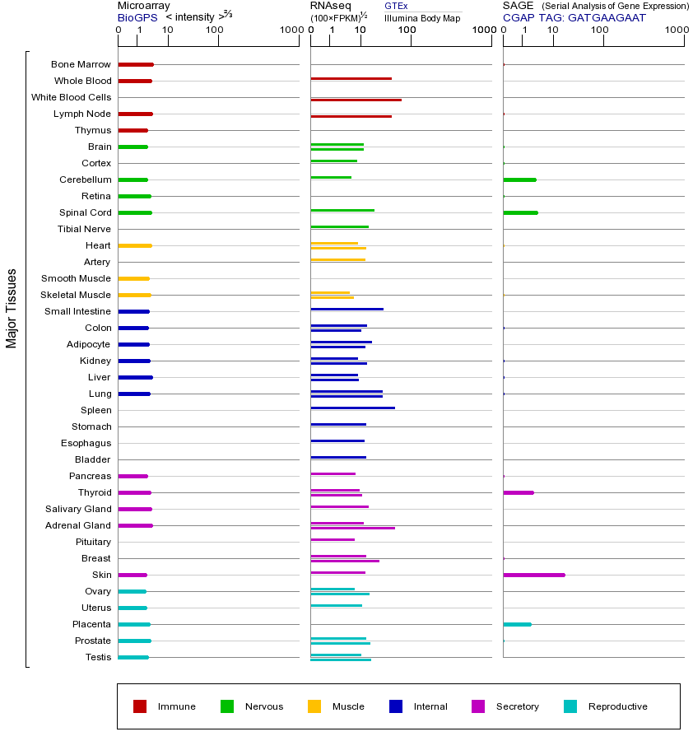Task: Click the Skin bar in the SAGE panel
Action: click(x=534, y=575)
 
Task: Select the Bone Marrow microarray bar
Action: click(x=136, y=64)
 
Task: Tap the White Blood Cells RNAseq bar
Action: click(x=356, y=100)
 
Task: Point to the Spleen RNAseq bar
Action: click(x=352, y=408)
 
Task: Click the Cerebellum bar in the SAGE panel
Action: click(x=519, y=179)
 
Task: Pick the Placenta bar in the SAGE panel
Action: click(x=517, y=624)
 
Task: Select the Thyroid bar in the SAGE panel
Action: click(x=519, y=492)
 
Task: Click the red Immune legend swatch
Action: click(x=140, y=706)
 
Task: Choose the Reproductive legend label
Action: click(x=618, y=706)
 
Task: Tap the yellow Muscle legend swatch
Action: click(x=314, y=706)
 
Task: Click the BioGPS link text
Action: click(x=137, y=17)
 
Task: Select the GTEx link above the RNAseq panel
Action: click(x=396, y=6)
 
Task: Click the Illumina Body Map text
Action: click(x=422, y=17)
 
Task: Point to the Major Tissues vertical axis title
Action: click(x=12, y=308)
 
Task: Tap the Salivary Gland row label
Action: click(x=78, y=509)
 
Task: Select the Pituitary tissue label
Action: click(x=93, y=542)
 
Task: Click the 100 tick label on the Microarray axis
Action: click(x=215, y=30)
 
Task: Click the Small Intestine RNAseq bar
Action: click(x=346, y=309)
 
